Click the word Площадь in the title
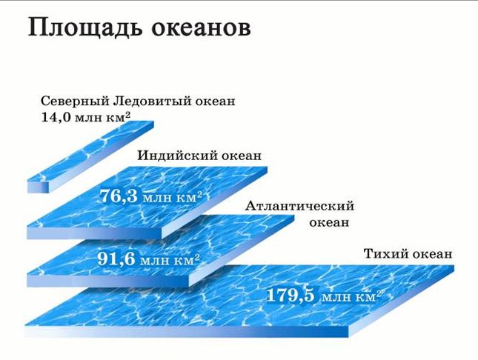pos(85,28)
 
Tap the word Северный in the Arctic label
pos(75,101)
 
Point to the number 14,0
pos(56,118)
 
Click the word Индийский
pos(178,156)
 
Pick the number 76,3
pos(119,196)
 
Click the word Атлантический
pos(299,207)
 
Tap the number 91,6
pos(116,259)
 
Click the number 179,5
pos(291,295)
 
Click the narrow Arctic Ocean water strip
pos(90,157)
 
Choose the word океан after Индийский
pos(242,156)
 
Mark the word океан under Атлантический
pos(329,222)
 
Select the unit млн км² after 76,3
pos(173,198)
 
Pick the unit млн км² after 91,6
pos(170,261)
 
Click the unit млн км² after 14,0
pos(103,118)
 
